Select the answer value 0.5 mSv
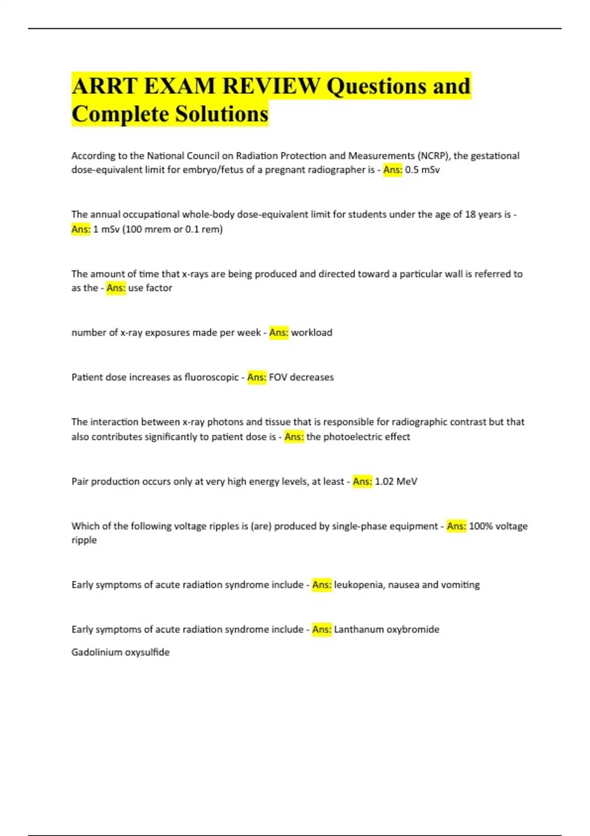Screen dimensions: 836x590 422,170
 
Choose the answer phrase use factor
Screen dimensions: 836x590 150,288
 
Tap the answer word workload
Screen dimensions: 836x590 312,333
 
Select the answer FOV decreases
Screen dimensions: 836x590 301,378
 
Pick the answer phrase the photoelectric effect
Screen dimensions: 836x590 358,437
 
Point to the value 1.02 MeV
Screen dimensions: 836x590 396,481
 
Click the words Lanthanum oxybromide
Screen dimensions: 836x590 386,629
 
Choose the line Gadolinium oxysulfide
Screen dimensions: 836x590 120,653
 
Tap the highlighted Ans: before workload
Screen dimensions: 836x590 279,333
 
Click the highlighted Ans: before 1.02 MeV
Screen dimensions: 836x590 362,481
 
